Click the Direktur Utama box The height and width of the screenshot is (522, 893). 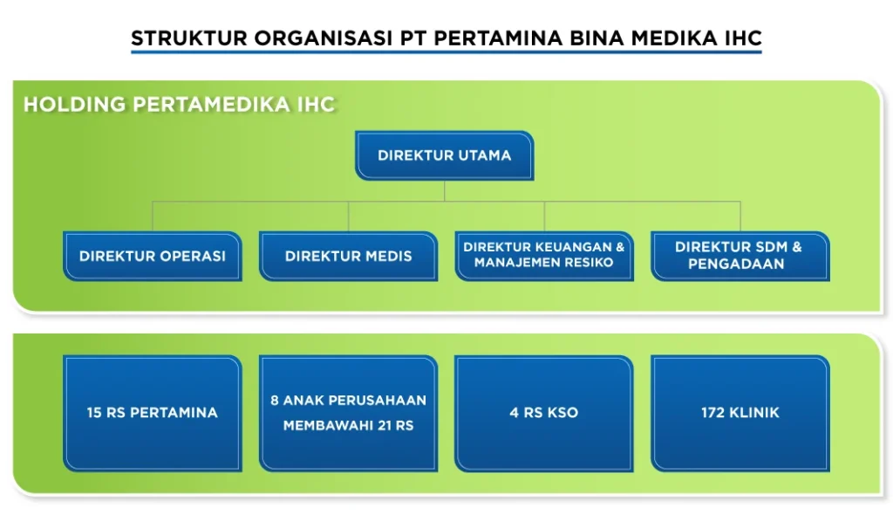[x=444, y=155]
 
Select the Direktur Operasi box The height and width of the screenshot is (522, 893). [x=152, y=257]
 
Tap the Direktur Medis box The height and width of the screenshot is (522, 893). [x=348, y=257]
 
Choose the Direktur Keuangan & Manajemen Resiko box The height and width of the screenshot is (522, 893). [x=544, y=256]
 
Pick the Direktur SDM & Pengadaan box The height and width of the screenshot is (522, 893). [x=740, y=256]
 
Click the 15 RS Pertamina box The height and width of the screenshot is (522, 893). [x=152, y=413]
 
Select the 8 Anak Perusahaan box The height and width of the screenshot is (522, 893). [x=348, y=413]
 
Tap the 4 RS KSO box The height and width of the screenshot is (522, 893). [x=544, y=413]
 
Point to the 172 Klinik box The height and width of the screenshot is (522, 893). [x=740, y=413]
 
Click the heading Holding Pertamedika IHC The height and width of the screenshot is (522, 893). [x=179, y=105]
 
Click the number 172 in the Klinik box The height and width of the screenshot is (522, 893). [x=713, y=413]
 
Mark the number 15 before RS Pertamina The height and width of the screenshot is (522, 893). [x=94, y=413]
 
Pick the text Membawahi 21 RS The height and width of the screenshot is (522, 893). [x=348, y=426]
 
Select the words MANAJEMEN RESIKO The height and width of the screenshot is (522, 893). [x=544, y=263]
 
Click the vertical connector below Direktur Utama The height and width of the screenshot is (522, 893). [x=445, y=190]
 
